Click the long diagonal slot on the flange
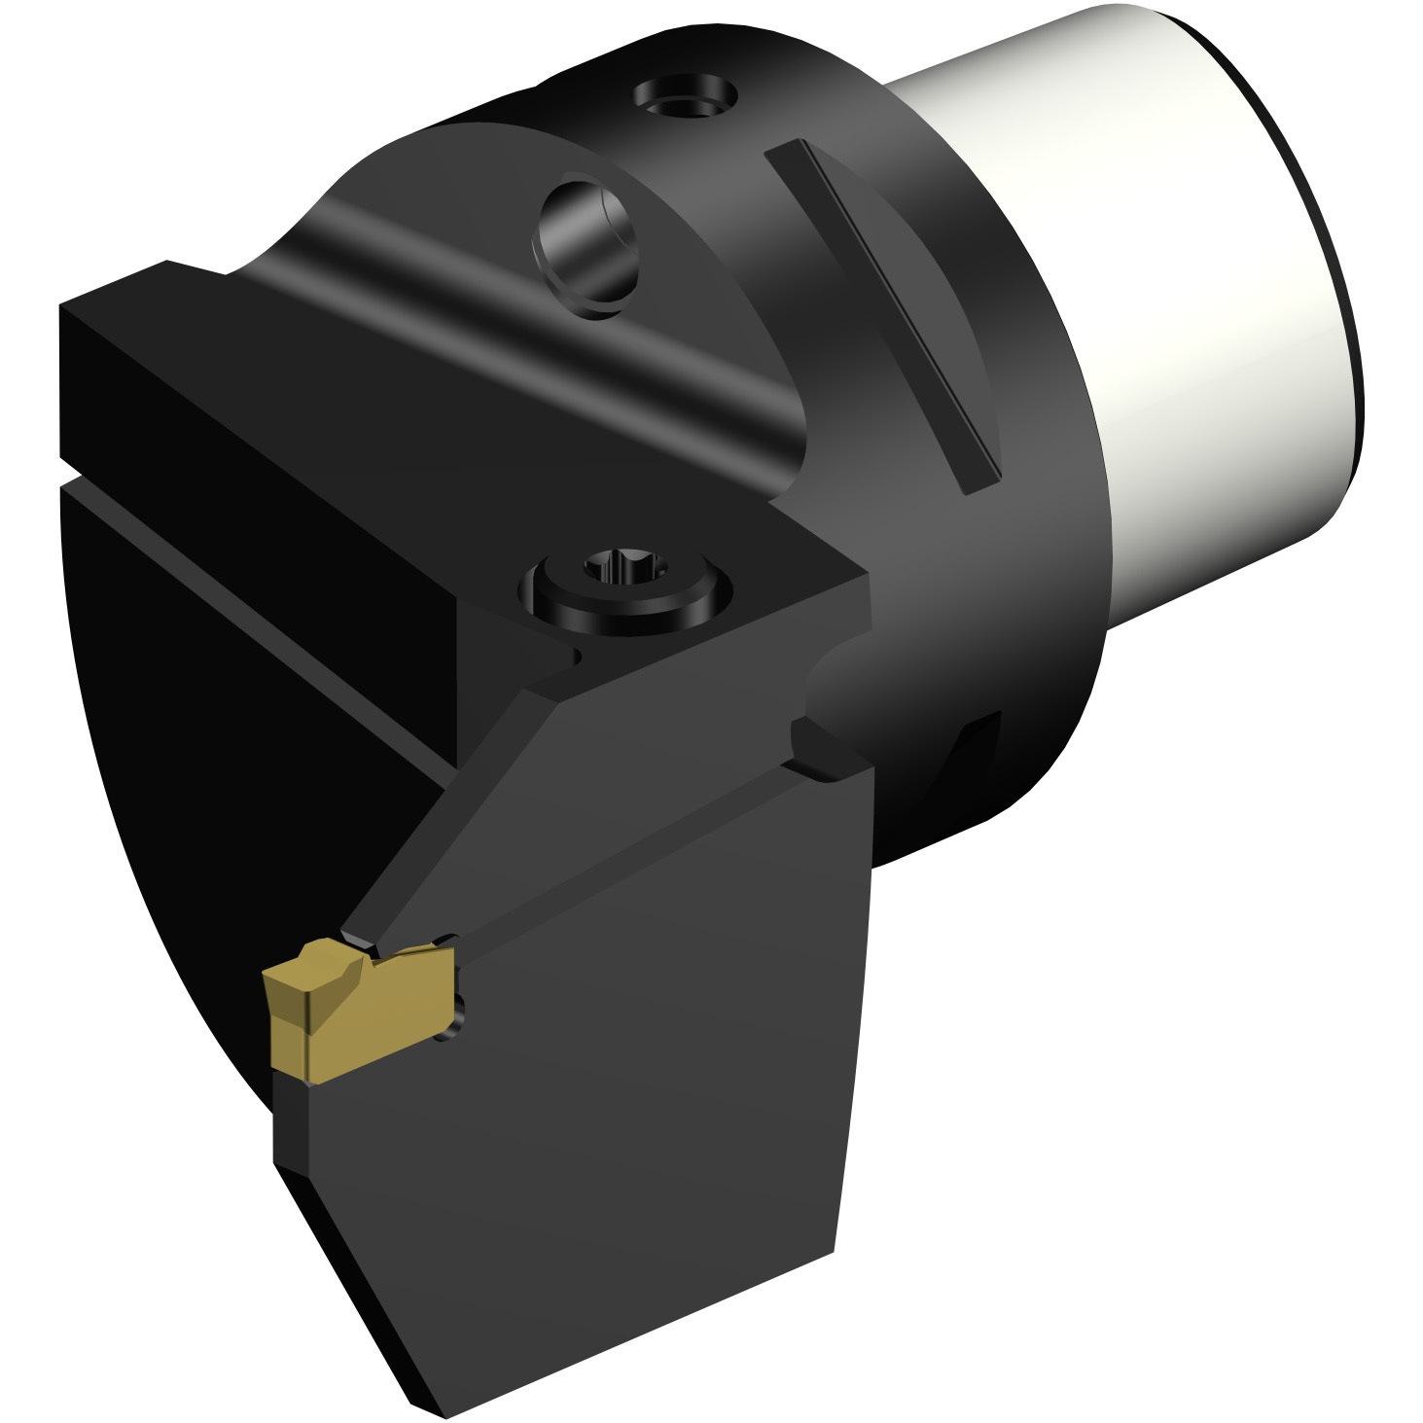881,311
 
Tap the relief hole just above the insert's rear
446,940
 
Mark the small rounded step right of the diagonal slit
822,749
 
